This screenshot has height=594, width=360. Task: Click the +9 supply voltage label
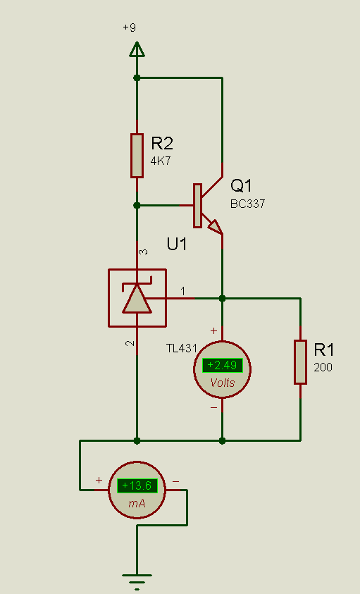(129, 27)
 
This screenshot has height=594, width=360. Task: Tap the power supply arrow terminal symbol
(137, 49)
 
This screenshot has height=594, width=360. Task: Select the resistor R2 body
(137, 155)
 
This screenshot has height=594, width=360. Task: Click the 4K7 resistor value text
(161, 161)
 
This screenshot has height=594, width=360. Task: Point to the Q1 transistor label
(241, 185)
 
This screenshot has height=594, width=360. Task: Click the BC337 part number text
(247, 204)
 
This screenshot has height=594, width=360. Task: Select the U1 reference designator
(177, 245)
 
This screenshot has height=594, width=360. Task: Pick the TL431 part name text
(182, 348)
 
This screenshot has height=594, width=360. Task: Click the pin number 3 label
(144, 252)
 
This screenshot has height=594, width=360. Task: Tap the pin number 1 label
(183, 291)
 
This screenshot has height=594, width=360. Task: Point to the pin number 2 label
(130, 343)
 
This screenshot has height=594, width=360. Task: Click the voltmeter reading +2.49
(222, 365)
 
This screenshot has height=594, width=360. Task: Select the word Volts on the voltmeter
(223, 383)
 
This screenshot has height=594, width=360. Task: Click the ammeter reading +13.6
(137, 485)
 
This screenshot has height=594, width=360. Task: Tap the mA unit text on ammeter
(137, 504)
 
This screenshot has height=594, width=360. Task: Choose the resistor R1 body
(300, 362)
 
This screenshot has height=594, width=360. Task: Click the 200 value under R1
(323, 367)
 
